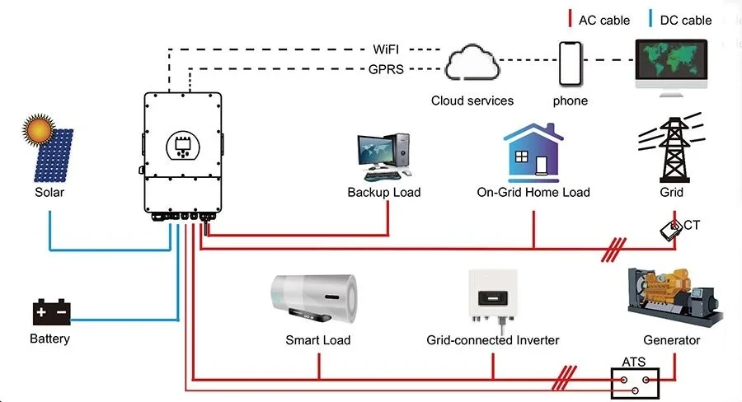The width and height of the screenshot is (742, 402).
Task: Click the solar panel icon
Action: [51, 157]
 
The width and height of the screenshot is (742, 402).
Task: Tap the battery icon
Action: [50, 313]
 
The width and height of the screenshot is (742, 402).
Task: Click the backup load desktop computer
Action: [383, 156]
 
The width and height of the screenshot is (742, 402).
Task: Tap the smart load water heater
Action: [317, 297]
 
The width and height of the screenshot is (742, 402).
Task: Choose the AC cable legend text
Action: [604, 20]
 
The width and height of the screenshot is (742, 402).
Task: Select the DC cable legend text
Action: [686, 20]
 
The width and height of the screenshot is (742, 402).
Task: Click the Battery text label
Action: [50, 339]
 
